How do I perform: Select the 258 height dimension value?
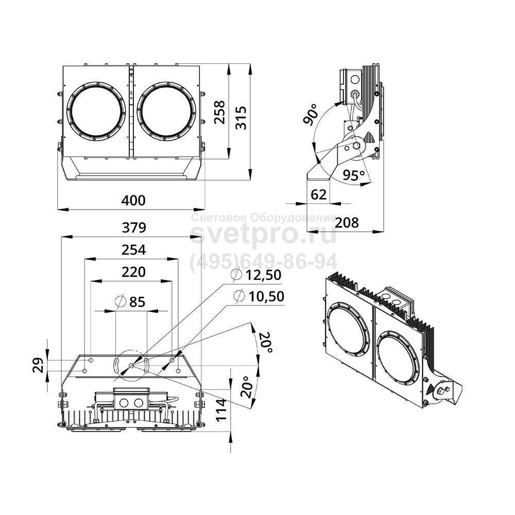coord(219,112)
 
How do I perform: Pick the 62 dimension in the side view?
coord(319,194)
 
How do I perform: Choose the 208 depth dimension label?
coord(347,222)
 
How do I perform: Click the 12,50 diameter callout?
coord(256,276)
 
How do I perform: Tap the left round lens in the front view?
coord(96,110)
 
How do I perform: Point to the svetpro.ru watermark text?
coord(264,235)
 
